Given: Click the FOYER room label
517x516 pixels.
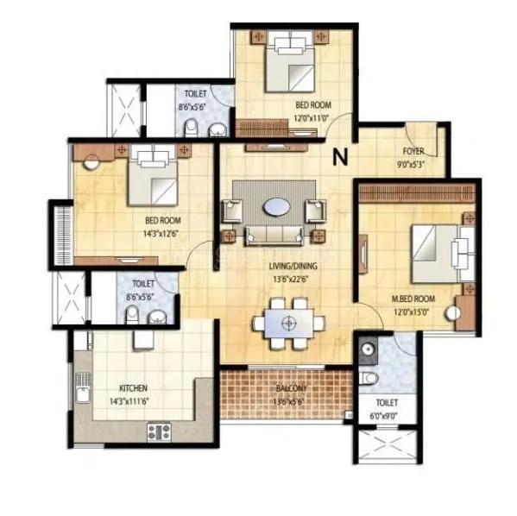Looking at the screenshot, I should tap(413, 151).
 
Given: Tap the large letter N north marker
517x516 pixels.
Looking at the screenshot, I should tap(340, 157).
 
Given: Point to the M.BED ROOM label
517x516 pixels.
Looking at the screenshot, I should tap(413, 299).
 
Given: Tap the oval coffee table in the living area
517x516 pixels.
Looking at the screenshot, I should tap(276, 207).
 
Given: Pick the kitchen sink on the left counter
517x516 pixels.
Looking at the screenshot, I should tap(83, 393).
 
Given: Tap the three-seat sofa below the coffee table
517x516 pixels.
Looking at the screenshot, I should tap(268, 234).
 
